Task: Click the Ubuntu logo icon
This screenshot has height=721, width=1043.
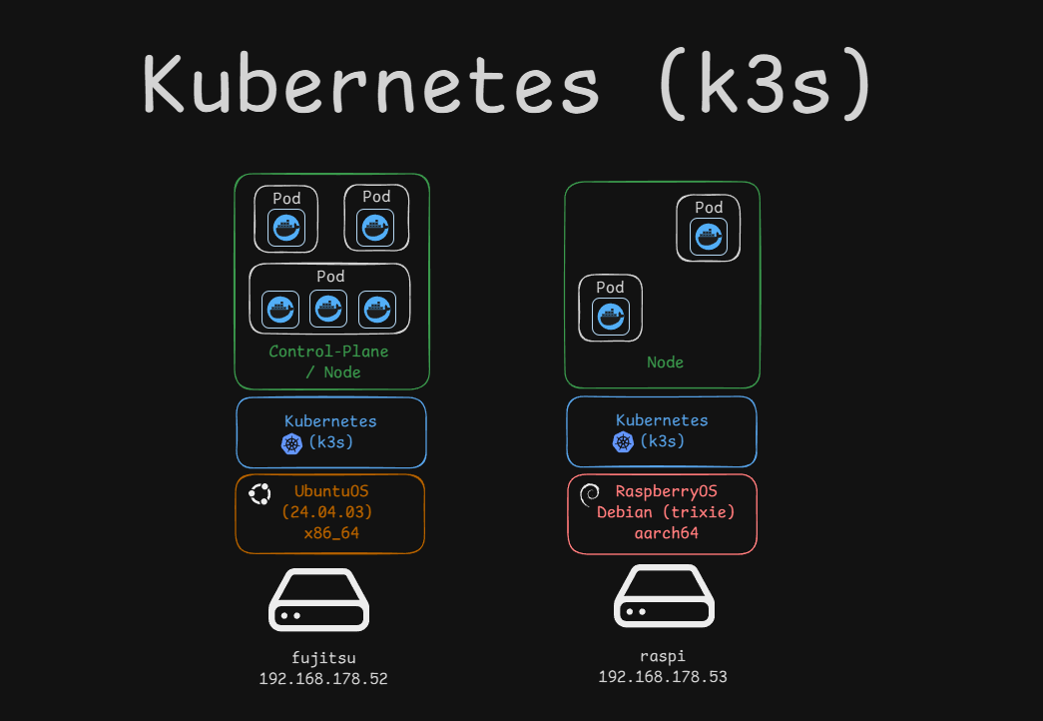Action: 261,494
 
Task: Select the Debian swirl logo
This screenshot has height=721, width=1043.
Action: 590,492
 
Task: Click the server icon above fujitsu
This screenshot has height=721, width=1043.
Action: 319,599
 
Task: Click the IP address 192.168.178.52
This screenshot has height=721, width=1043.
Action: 322,678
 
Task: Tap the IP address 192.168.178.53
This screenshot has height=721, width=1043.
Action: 663,676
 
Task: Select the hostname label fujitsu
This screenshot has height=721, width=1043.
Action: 322,657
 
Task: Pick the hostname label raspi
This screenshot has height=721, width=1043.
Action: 663,656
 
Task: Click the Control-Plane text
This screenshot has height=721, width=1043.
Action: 328,352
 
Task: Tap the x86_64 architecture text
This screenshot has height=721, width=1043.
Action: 331,533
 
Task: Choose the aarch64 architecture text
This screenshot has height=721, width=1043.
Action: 666,532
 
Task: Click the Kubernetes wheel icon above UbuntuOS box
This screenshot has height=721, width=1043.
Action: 291,444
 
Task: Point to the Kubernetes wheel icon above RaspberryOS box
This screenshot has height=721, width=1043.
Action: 623,442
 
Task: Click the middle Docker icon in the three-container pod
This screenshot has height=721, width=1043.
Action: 328,309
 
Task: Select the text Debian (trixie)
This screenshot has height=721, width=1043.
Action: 666,512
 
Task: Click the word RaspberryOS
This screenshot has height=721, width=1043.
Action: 666,491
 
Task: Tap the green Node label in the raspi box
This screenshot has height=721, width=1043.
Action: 665,361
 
